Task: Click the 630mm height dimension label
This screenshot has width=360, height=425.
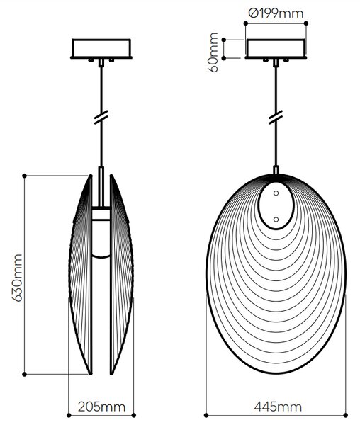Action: [x=17, y=278]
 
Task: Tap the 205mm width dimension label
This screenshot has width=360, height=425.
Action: [x=101, y=407]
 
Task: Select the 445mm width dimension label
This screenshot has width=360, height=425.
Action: [x=278, y=407]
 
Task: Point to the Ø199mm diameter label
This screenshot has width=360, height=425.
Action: [x=276, y=13]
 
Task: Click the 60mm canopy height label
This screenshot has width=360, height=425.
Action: [x=213, y=52]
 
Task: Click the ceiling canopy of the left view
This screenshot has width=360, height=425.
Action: [x=101, y=49]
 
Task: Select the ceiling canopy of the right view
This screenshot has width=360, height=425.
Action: [x=276, y=49]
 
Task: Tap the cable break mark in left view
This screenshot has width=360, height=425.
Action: [x=101, y=117]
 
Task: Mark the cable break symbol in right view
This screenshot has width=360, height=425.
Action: [x=276, y=117]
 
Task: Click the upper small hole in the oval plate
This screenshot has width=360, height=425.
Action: [x=276, y=193]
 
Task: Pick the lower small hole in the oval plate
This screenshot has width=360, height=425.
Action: [x=276, y=220]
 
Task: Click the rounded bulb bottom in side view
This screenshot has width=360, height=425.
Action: [x=101, y=256]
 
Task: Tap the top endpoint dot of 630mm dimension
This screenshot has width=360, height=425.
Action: [x=24, y=176]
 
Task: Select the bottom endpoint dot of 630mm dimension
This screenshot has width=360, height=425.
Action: [x=24, y=374]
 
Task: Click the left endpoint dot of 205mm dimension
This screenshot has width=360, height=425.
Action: [x=69, y=415]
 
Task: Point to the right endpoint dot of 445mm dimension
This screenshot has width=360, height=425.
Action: [x=345, y=415]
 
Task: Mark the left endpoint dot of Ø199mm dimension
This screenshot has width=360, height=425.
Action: [x=246, y=23]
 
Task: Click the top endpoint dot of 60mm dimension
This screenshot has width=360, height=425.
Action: [x=224, y=40]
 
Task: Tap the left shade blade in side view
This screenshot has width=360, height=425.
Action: [x=80, y=275]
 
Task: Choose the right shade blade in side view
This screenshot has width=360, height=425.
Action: [x=121, y=275]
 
